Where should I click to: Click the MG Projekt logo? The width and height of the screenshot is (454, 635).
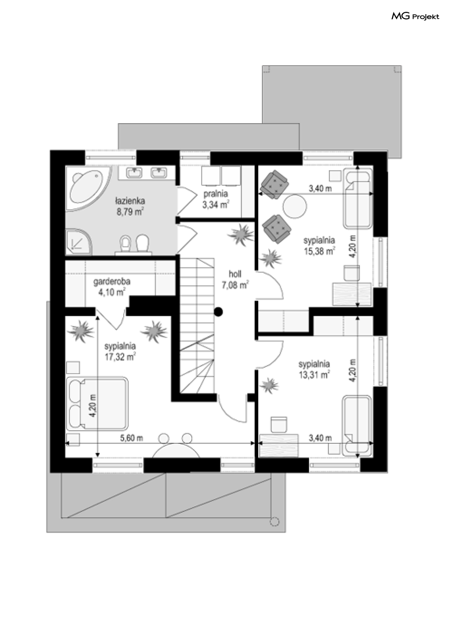pos(415,17)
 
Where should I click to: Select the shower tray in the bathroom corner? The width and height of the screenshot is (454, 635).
pos(79,241)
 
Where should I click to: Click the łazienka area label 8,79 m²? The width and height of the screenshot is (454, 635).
pos(130,212)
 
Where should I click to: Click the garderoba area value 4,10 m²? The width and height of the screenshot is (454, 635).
pos(112,292)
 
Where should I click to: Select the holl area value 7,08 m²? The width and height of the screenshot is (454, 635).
pos(235,286)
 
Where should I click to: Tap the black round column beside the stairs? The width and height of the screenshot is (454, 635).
pos(219,312)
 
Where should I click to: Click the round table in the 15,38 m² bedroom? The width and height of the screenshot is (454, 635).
pos(295,207)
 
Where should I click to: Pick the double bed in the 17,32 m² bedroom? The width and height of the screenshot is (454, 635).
pos(98,403)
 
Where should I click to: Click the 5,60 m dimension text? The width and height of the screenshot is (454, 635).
pos(131,438)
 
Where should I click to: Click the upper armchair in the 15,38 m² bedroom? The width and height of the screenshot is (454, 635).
pos(274,184)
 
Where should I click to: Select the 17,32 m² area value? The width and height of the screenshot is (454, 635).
pos(120,357)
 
